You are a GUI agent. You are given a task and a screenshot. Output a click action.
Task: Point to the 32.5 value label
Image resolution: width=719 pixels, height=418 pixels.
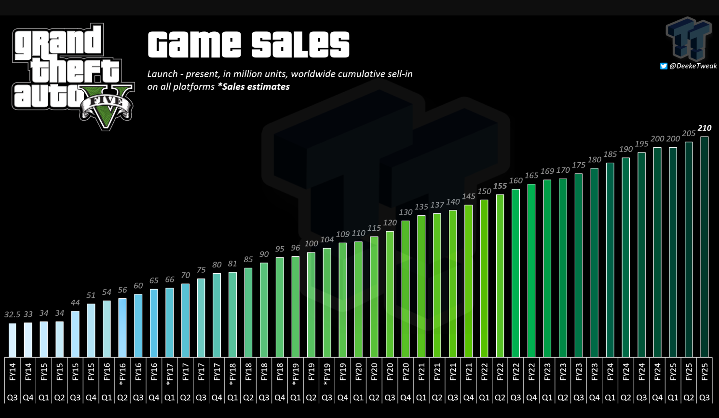pyautogui.click(x=13, y=315)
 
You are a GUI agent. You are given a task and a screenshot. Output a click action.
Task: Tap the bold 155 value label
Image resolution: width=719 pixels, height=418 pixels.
pyautogui.click(x=500, y=186)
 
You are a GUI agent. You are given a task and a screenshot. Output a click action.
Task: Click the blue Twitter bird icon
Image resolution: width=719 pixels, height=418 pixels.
pyautogui.click(x=664, y=66)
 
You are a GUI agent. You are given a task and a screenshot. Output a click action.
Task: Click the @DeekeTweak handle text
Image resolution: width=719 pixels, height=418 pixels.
pyautogui.click(x=693, y=66)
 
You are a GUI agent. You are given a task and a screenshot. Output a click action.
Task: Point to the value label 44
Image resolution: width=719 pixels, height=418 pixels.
pyautogui.click(x=75, y=303)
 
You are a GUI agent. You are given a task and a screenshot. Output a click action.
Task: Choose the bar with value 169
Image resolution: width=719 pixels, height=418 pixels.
pyautogui.click(x=547, y=268)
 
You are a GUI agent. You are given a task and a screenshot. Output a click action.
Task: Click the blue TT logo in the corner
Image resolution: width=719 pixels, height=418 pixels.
pyautogui.click(x=689, y=39)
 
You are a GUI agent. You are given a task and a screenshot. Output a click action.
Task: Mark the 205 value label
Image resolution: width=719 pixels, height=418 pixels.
pyautogui.click(x=689, y=134)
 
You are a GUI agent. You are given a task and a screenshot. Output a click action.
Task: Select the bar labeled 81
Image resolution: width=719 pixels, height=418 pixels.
pyautogui.click(x=232, y=314)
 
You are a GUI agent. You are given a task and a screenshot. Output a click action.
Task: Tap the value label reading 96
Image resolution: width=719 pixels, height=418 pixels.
pyautogui.click(x=295, y=248)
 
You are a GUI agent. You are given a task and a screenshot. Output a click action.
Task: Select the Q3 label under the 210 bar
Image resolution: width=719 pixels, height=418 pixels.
pyautogui.click(x=704, y=398)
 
